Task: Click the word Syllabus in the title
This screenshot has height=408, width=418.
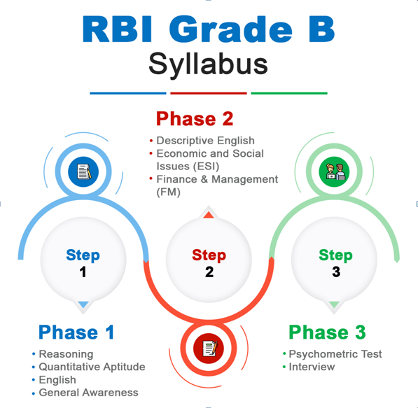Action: click(x=208, y=65)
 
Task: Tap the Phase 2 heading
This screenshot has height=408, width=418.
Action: click(x=195, y=119)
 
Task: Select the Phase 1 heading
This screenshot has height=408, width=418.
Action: click(x=76, y=332)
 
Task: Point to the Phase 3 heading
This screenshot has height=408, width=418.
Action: click(x=327, y=332)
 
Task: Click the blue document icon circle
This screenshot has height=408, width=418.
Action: click(x=83, y=171)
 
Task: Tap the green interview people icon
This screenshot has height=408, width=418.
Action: click(x=334, y=171)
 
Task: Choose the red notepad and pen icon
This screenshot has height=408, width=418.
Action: click(x=209, y=349)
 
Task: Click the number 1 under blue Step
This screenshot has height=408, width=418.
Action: click(x=83, y=272)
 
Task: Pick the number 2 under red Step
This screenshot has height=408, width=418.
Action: click(x=209, y=272)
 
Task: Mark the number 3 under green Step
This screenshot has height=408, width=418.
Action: click(x=336, y=272)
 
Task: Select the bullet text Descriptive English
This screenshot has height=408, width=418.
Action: click(x=205, y=141)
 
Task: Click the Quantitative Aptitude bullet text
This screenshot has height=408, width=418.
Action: click(x=92, y=367)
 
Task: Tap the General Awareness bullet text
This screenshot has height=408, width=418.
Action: click(x=88, y=393)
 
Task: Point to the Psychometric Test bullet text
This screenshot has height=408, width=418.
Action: click(x=335, y=354)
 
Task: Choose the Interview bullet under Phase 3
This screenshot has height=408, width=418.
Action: click(x=312, y=367)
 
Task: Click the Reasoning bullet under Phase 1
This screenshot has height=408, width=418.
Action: click(x=66, y=354)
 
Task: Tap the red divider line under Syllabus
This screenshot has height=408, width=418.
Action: click(x=209, y=93)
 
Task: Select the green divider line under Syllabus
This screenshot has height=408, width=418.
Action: click(x=289, y=93)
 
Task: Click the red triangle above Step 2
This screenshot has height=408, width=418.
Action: click(x=209, y=215)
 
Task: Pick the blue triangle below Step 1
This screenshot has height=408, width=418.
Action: click(x=83, y=304)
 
